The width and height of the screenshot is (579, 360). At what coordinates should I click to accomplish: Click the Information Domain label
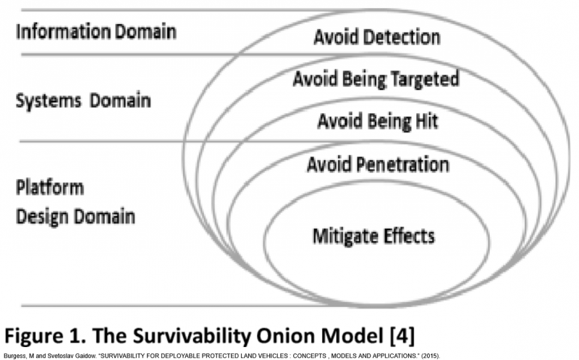[96, 32]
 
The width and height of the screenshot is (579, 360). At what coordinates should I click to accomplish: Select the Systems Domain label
[83, 100]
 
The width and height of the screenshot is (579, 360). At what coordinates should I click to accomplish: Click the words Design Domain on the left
[75, 217]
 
